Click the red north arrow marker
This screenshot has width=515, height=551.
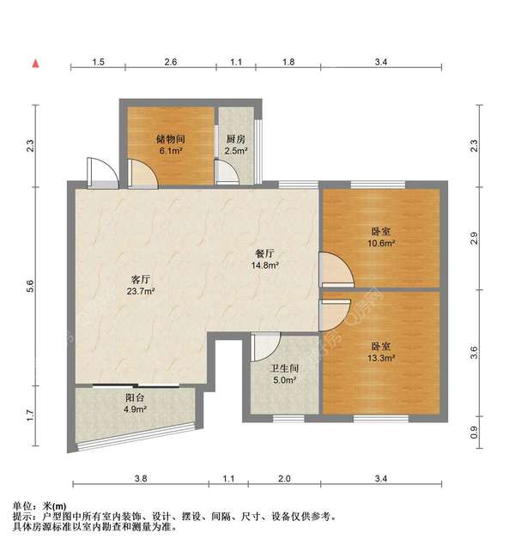pos(35,64)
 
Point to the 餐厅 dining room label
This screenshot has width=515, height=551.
pos(264,254)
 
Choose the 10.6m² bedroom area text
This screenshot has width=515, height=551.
pos(382,243)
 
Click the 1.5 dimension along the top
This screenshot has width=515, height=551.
pos(99,63)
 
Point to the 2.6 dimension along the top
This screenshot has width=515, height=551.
pos(171,63)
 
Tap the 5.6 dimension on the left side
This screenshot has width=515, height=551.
pos(30,289)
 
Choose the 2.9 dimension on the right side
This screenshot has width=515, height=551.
pos(475,239)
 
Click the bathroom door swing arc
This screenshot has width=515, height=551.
pos(266,346)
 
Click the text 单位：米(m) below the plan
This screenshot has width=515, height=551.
pos(42,506)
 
